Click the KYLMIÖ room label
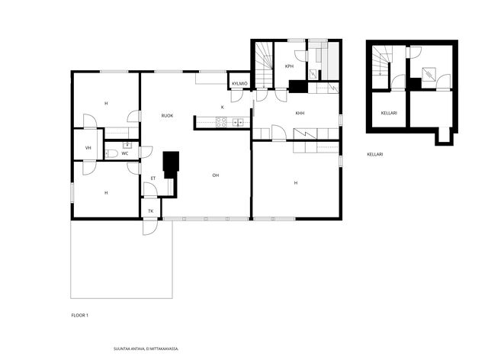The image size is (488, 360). pyautogui.click(x=239, y=83)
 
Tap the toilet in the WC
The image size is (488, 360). pyautogui.click(x=111, y=153)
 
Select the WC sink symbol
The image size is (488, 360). pyautogui.click(x=127, y=145)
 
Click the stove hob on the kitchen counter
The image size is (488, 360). pyautogui.click(x=222, y=122)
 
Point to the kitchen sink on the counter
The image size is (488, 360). pyautogui.click(x=238, y=123)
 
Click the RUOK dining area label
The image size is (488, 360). pyautogui.click(x=167, y=115)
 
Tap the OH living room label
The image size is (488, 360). pyautogui.click(x=215, y=175)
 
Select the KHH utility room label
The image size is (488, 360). pyautogui.click(x=300, y=114)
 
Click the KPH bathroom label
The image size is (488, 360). pyautogui.click(x=289, y=66)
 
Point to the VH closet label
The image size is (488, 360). pyautogui.click(x=88, y=148)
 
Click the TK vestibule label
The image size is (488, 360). pyautogui.click(x=151, y=211)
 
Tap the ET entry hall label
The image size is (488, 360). pyautogui.click(x=152, y=178)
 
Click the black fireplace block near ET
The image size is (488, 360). pyautogui.click(x=171, y=165)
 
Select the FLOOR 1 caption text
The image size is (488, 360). pyautogui.click(x=79, y=315)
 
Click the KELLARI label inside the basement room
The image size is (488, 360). pyautogui.click(x=389, y=113)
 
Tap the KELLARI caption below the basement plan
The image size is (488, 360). pyautogui.click(x=375, y=154)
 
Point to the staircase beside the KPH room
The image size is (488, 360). pyautogui.click(x=265, y=65)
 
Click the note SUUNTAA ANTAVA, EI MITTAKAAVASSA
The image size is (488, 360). pyautogui.click(x=146, y=349)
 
